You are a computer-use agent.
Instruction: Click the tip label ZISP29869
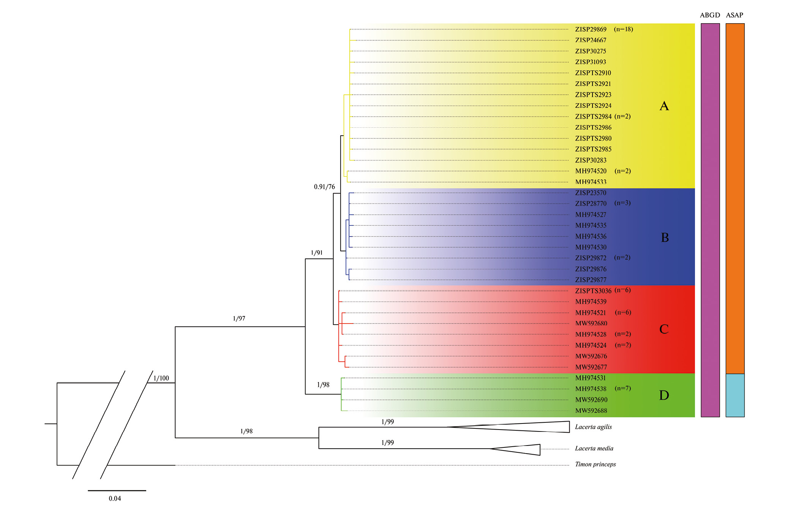point(591,29)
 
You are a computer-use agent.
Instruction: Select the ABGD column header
point(710,15)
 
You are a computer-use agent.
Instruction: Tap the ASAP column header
point(734,15)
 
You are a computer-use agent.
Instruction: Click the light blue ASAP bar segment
point(735,395)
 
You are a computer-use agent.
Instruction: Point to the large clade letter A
point(664,106)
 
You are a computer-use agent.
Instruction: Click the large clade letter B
point(665,238)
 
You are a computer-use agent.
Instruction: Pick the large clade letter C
point(664,329)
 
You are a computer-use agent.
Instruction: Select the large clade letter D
point(664,396)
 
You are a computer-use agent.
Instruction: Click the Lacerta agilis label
point(593,427)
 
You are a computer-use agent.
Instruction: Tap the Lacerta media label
point(594,449)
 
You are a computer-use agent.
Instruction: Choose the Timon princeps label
point(595,464)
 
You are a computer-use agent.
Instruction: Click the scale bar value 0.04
point(115,499)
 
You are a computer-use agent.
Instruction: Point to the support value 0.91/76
point(324,187)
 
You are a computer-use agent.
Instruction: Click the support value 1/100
point(161,378)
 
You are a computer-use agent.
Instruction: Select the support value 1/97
point(239,319)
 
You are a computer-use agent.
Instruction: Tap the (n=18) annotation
point(623,29)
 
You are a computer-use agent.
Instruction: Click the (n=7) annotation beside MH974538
point(622,389)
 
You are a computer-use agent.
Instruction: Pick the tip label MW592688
point(591,411)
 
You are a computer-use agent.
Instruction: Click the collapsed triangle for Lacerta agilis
point(532,427)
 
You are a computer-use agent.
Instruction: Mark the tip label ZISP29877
point(591,280)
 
